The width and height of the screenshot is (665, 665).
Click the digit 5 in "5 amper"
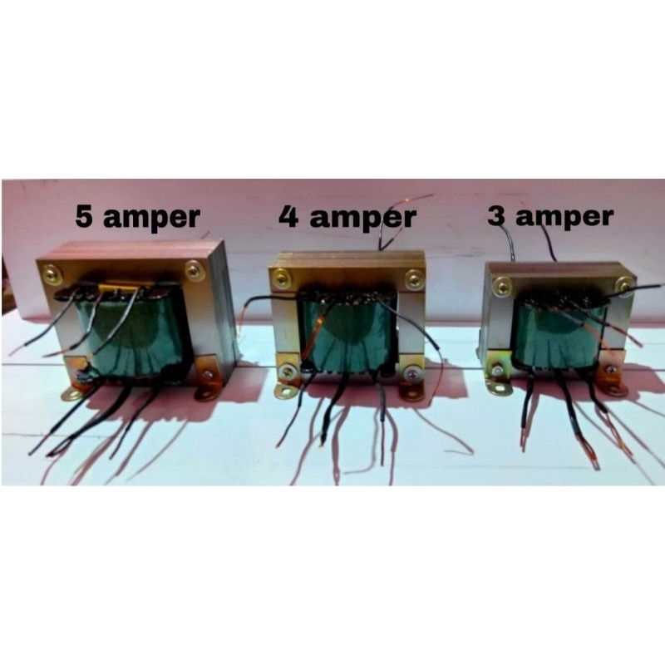tap(85, 217)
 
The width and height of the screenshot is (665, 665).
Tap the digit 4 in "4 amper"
tap(288, 217)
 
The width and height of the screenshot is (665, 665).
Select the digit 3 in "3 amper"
tap(496, 217)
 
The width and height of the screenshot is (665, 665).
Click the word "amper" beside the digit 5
tap(151, 219)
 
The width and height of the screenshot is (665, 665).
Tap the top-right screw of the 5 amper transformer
tap(194, 269)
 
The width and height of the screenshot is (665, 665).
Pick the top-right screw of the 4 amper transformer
tap(412, 278)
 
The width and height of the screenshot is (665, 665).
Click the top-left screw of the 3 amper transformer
tap(501, 287)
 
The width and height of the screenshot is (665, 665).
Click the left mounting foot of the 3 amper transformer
tap(499, 386)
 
